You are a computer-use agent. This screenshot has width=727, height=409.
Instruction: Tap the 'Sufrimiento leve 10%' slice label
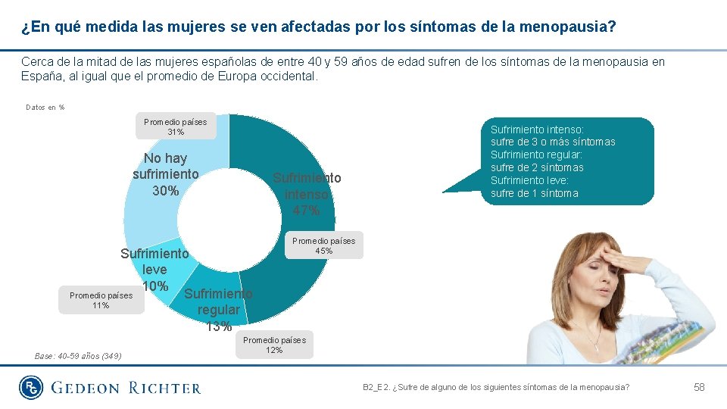(x=154, y=270)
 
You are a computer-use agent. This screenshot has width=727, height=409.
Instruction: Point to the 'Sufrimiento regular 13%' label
(x=218, y=310)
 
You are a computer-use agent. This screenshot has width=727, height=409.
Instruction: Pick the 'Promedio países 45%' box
(x=323, y=245)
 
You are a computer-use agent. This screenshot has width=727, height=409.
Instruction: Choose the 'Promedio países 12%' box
(x=274, y=345)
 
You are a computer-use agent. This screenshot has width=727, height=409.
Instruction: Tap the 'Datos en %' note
(x=45, y=108)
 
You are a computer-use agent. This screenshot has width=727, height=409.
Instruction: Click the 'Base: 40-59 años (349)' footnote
(x=78, y=356)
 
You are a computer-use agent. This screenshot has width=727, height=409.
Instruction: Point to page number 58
(x=699, y=387)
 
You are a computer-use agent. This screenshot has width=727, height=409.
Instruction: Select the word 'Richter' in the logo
(x=164, y=388)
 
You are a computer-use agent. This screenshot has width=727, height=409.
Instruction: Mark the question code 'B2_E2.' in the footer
(x=378, y=387)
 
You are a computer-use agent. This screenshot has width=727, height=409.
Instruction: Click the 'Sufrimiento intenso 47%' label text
(x=307, y=194)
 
